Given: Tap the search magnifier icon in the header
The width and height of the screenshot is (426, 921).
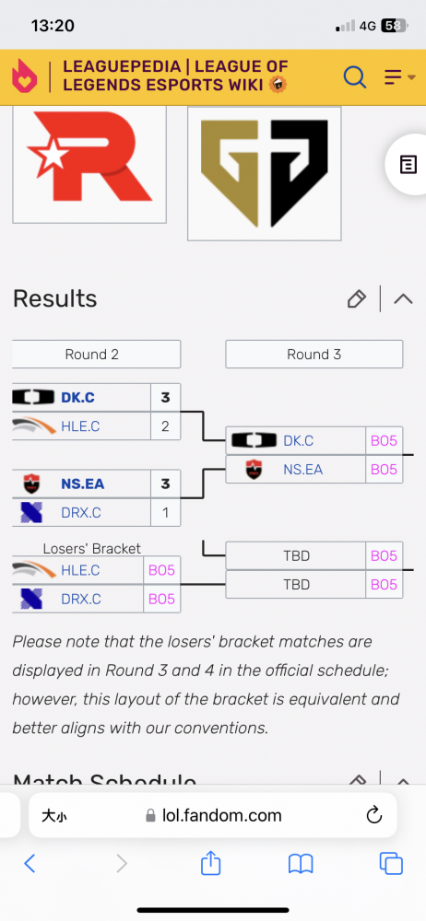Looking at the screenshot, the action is pos(355,77).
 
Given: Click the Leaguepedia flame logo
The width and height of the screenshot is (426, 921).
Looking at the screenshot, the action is pos(24,76).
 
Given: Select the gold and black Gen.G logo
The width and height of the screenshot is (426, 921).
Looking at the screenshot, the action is pos(265,173).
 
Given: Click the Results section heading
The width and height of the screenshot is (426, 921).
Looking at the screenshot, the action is pos(54,299).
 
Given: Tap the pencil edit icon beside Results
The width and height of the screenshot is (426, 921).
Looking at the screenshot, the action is pos(356,299).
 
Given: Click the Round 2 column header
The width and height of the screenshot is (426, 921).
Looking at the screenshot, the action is pos(92,355).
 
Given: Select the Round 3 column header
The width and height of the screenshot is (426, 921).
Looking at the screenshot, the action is pos(314,355).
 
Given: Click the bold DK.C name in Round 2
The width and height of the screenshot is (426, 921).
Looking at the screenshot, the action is pos(77,398).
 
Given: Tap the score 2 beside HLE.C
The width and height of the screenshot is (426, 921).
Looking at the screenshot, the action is pos(165,426).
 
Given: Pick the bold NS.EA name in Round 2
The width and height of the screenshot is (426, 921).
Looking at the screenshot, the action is pos(82,484).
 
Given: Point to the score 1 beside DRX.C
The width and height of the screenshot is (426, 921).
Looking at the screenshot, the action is pos(165,513).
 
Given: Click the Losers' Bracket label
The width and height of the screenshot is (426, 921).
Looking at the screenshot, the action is pos(92,549).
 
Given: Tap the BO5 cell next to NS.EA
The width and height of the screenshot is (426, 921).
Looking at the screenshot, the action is pos(385,470).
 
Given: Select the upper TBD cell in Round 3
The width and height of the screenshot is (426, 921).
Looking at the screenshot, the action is pos(296,555).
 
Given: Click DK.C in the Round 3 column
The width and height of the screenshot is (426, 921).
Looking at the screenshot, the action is pos(299,440).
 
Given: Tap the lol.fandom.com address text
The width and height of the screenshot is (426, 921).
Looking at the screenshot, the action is pos(222,815).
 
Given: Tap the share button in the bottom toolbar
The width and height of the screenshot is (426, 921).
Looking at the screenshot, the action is pos(210,863).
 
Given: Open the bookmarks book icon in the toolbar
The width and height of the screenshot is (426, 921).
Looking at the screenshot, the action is pos(301,864).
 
